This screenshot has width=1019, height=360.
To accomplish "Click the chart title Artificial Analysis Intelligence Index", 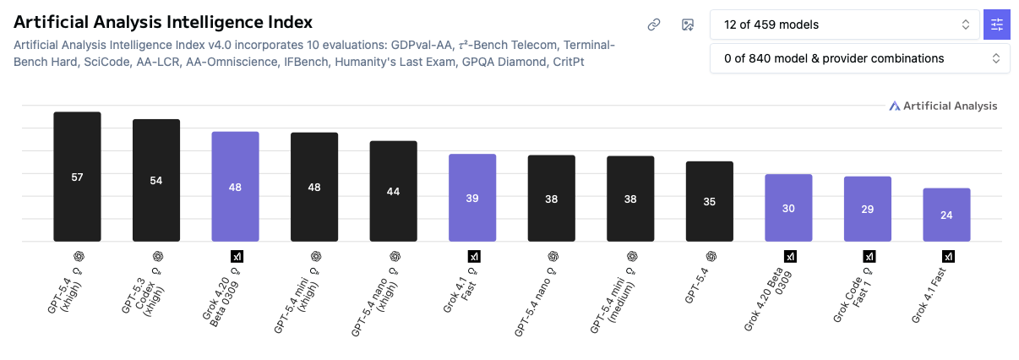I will click(163, 23).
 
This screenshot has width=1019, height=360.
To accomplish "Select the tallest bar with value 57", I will click(77, 177).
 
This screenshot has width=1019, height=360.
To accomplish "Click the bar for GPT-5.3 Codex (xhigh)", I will click(156, 180).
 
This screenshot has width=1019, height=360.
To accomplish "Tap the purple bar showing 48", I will click(235, 187).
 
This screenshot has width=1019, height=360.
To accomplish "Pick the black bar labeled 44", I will click(393, 191).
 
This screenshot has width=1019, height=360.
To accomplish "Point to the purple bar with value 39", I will click(472, 198).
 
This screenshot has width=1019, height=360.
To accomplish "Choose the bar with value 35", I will click(709, 201).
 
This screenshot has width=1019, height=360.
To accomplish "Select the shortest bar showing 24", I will click(946, 215).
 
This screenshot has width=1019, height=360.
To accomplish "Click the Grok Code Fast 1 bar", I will click(867, 209).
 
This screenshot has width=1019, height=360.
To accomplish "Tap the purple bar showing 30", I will click(788, 208).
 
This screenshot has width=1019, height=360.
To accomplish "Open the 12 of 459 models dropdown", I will click(845, 25).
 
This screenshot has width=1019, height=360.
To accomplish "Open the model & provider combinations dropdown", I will click(859, 58).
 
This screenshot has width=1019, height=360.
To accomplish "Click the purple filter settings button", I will click(997, 25).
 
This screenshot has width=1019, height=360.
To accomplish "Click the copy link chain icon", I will click(653, 25).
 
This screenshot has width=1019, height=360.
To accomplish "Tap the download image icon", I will click(688, 25).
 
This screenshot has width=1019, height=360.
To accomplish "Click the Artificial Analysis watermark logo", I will click(943, 106).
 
